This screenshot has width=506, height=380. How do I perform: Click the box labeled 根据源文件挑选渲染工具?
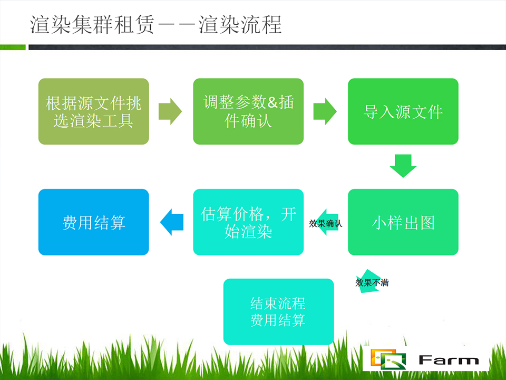[94, 111]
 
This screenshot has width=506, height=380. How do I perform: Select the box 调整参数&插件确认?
[248, 111]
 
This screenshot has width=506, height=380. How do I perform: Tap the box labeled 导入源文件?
[403, 111]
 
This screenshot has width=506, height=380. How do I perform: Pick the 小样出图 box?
[403, 222]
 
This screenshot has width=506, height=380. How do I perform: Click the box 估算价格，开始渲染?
[248, 222]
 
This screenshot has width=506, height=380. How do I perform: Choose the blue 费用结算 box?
[94, 222]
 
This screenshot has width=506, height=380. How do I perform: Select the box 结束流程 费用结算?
[278, 311]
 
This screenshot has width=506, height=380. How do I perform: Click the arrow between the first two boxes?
[170, 111]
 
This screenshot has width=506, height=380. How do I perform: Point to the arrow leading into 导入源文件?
[325, 111]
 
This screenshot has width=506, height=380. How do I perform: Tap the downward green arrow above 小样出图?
[403, 166]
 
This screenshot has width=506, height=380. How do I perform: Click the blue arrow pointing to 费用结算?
[172, 222]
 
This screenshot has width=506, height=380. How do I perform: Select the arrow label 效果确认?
[325, 223]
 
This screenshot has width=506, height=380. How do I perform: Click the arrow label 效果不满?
[372, 283]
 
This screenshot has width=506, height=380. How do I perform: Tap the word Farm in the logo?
[449, 360]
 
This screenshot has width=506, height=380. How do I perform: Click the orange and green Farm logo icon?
[388, 359]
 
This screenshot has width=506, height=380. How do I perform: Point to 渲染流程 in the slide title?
[240, 25]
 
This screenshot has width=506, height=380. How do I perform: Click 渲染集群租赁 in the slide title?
[92, 25]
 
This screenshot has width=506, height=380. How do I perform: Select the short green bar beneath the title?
[13, 47]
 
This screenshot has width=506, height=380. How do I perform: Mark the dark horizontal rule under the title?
[267, 47]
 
